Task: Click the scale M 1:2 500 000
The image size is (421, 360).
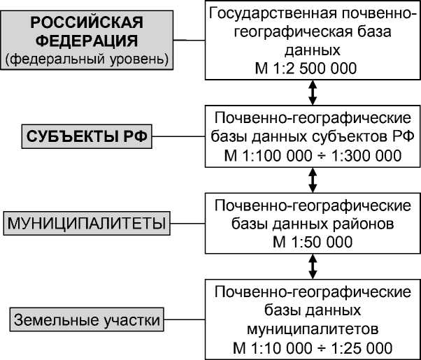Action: pyautogui.click(x=307, y=68)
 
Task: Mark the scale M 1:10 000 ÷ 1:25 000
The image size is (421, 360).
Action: pyautogui.click(x=312, y=346)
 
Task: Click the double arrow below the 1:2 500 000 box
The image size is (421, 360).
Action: pyautogui.click(x=312, y=92)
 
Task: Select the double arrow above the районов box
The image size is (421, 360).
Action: pyautogui.click(x=312, y=178)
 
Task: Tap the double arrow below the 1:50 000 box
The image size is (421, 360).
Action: pyautogui.click(x=312, y=266)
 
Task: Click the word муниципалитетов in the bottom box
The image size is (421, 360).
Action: pyautogui.click(x=312, y=328)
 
